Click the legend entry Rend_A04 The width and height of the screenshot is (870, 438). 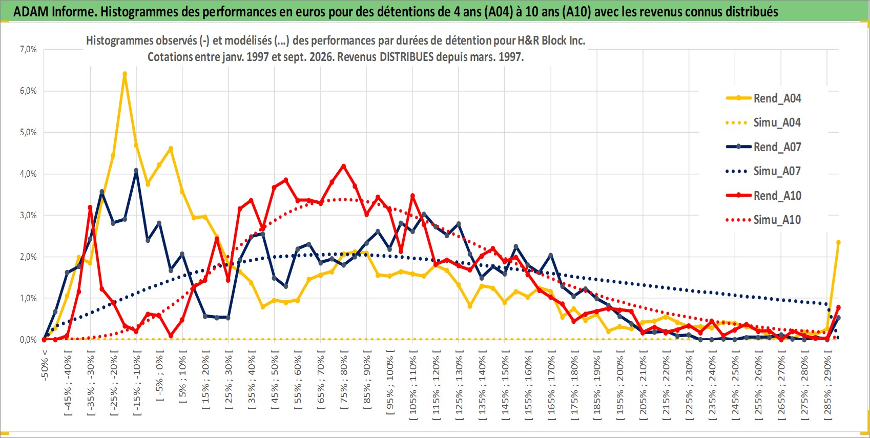(x=763, y=98)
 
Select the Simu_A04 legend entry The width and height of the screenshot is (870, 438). (x=763, y=123)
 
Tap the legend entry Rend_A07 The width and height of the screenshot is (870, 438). (x=763, y=147)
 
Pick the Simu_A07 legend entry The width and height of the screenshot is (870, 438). (x=763, y=171)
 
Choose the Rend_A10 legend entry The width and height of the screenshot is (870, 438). (x=763, y=195)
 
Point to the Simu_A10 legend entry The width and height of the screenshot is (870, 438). (x=763, y=220)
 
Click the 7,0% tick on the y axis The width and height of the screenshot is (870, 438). (x=28, y=49)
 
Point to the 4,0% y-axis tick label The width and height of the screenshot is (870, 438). (x=28, y=174)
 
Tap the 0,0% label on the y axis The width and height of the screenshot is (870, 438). (x=28, y=340)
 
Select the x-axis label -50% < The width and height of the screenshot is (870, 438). (x=44, y=365)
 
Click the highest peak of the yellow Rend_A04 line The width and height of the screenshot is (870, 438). (x=125, y=73)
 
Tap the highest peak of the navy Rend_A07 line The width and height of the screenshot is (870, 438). (x=136, y=171)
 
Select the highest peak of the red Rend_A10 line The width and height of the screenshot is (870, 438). (x=343, y=166)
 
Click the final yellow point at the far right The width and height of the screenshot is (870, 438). (x=838, y=242)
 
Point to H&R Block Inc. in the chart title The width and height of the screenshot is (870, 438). (x=551, y=40)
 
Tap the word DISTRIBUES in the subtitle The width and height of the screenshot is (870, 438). (x=406, y=57)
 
